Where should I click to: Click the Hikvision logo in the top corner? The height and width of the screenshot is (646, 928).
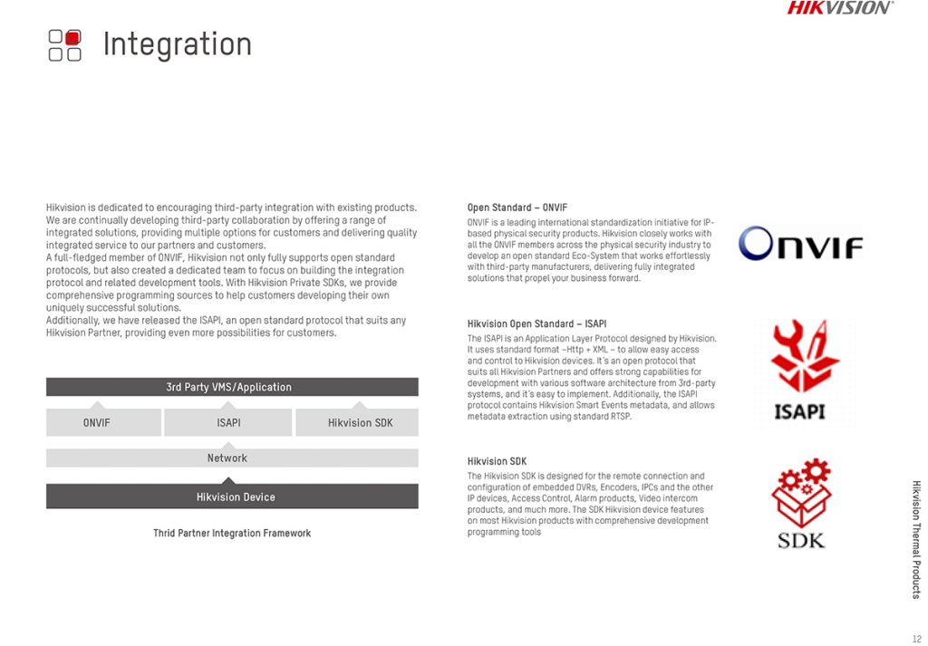pos(839,8)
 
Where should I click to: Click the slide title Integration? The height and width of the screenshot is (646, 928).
pos(177,43)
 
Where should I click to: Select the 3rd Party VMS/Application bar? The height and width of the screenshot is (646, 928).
pos(232,387)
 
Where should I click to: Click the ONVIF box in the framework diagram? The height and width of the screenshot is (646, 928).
pos(96,422)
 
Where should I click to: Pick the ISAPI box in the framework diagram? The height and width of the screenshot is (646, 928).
pos(228,422)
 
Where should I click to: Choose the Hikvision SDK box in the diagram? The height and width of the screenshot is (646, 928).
pos(360,422)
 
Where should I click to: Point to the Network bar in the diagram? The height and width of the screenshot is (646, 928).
pos(227,458)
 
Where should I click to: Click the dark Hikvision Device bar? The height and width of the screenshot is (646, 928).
pos(232,497)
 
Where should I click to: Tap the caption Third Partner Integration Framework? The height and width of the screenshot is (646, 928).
pos(232,533)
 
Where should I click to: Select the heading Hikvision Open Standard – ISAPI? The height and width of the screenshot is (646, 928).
pos(536,323)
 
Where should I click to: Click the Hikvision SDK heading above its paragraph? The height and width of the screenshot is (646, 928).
pos(497,461)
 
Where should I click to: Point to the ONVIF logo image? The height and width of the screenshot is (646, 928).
pos(800,243)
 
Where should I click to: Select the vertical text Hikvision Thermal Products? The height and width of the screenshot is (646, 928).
pos(915,538)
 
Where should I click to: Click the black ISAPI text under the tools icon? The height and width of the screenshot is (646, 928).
pos(800,411)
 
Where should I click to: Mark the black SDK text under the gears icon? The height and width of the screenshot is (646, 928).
pos(801,541)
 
